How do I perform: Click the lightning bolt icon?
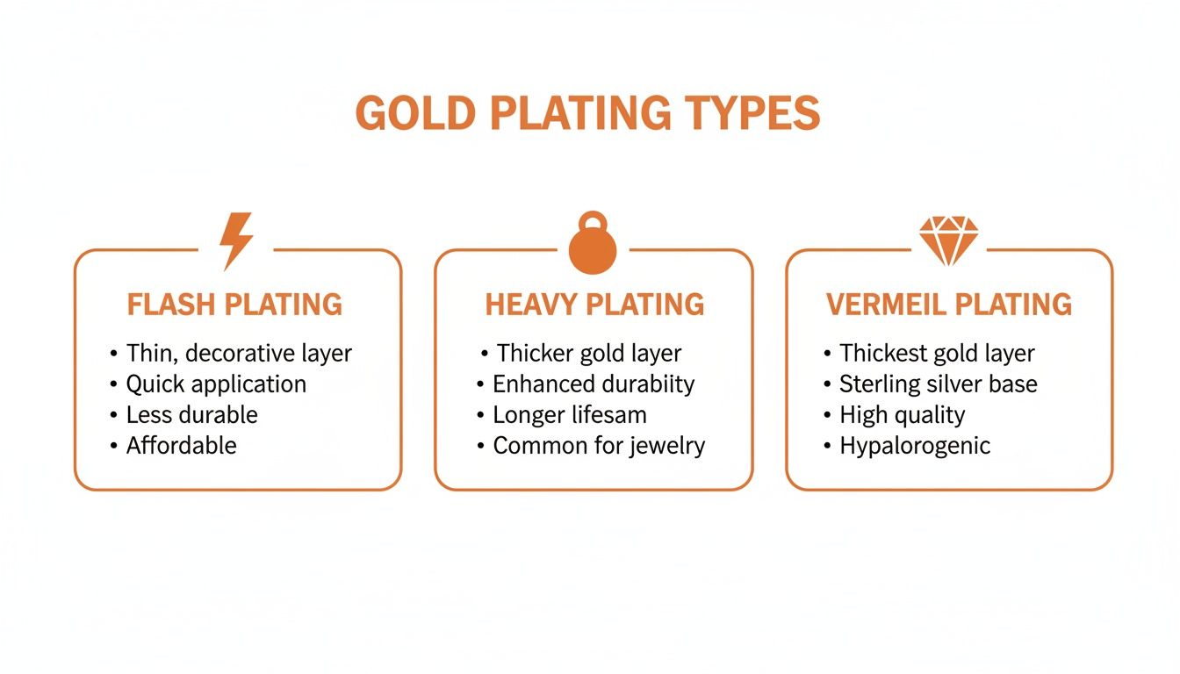236,240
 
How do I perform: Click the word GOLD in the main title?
414,114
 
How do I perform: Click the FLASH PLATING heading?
234,305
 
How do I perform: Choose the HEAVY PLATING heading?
594,305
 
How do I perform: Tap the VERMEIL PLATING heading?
949,305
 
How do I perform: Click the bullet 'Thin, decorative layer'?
239,354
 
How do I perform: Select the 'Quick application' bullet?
216,384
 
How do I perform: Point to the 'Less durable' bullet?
191,414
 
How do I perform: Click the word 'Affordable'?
182,445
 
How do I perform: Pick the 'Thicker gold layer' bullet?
589,354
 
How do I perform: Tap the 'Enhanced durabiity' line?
594,384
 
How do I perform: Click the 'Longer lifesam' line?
570,414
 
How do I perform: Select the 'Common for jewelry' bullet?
599,445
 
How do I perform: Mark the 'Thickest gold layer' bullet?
937,354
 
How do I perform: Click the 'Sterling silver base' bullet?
938,384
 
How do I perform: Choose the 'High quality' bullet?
902,414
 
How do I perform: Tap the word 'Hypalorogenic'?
915,445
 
